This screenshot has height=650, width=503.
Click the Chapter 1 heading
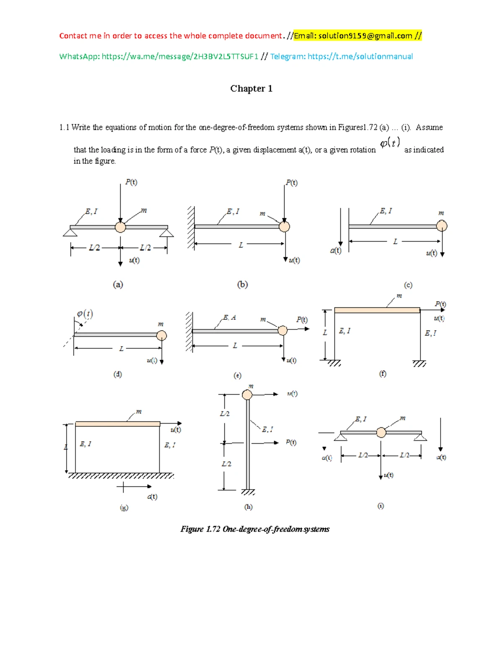coord(251,88)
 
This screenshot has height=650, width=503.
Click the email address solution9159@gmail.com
coord(365,36)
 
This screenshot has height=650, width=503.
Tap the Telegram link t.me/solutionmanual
coord(360,57)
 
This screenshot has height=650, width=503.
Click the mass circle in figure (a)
coord(120,227)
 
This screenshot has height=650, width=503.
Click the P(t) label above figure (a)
coord(131,182)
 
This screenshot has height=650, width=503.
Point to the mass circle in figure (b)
coord(284,226)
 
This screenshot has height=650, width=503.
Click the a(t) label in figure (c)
coord(336,250)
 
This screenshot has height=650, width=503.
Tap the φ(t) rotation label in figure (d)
coord(85,313)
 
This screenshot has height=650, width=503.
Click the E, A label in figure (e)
coord(229,318)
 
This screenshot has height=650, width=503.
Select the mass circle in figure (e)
coord(283,331)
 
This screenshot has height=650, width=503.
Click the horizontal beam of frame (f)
coord(377,310)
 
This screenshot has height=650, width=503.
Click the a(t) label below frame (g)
coord(152,497)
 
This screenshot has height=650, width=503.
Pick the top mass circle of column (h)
coord(247,395)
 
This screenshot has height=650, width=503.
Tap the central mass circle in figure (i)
coord(381,432)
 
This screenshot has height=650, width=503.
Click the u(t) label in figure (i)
coord(389,475)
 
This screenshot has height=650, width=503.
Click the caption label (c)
coord(408,285)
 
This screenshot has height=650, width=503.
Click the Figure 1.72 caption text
coord(255,529)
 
